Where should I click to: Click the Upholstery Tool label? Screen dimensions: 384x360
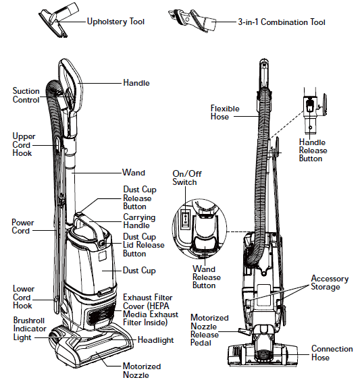[x=115, y=22]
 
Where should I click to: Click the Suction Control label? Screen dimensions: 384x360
[x=26, y=95]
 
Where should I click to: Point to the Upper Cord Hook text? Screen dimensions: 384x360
[x=24, y=144]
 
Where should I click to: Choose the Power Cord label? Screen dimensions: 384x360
[x=23, y=226]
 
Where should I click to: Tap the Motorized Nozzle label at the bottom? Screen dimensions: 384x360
[x=142, y=371]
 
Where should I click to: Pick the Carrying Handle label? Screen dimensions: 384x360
[x=138, y=222]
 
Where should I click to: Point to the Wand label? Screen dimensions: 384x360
[x=133, y=173]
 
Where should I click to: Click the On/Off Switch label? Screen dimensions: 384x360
[x=184, y=178]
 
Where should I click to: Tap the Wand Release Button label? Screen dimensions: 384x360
[x=207, y=277]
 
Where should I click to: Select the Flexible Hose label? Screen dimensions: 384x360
[x=224, y=112]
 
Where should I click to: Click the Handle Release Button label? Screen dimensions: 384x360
[x=313, y=150]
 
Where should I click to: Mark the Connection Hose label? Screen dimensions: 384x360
[x=332, y=353]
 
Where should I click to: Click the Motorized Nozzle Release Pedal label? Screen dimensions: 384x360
[x=209, y=330]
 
